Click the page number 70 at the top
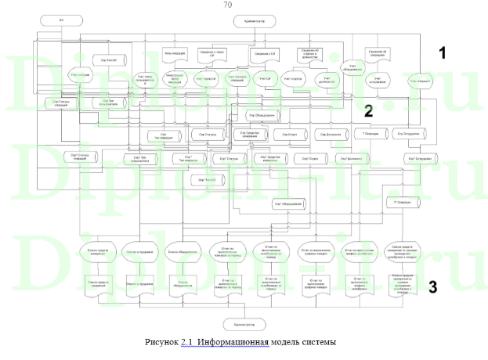click(x=227, y=5)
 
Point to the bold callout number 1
click(x=443, y=53)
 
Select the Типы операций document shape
click(x=174, y=54)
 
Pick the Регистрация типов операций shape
click(x=175, y=79)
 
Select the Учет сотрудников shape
click(x=378, y=80)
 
